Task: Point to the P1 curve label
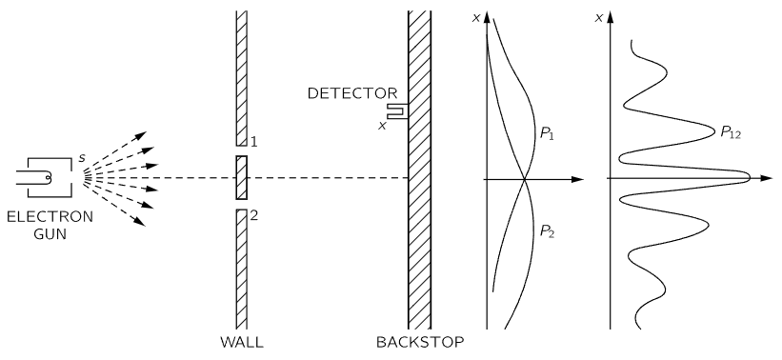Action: [x=549, y=135]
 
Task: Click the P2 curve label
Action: [x=549, y=230]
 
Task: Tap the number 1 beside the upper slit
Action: [x=255, y=142]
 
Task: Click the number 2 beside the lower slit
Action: [x=254, y=214]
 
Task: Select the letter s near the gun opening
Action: [x=80, y=144]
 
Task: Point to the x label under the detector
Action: [x=382, y=124]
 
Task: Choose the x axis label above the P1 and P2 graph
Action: [x=477, y=17]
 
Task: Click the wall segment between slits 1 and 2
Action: [x=242, y=178]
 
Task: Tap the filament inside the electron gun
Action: [x=44, y=176]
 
